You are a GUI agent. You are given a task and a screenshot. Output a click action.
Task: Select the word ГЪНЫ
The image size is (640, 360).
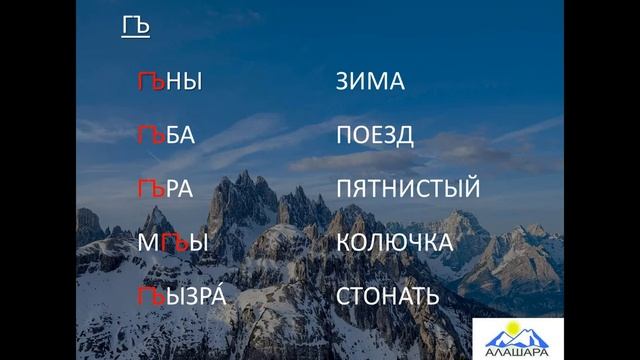pyautogui.click(x=169, y=82)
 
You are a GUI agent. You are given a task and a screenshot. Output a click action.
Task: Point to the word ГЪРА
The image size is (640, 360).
pyautogui.click(x=165, y=188)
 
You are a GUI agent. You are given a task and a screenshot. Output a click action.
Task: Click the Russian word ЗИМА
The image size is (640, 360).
pyautogui.click(x=370, y=82)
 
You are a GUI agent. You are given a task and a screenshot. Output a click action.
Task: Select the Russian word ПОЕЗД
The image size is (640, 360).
pyautogui.click(x=375, y=135)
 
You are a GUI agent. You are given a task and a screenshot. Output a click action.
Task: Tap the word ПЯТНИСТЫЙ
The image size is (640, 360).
pyautogui.click(x=408, y=188)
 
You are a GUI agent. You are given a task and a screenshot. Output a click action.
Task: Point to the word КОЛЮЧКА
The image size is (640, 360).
pyautogui.click(x=395, y=242)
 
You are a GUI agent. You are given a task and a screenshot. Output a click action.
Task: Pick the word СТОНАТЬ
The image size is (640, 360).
pyautogui.click(x=387, y=296)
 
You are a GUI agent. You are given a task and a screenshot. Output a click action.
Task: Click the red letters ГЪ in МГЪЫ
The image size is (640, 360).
pyautogui.click(x=172, y=242)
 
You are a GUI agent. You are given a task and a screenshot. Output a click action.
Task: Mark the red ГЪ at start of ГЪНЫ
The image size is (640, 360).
pyautogui.click(x=149, y=82)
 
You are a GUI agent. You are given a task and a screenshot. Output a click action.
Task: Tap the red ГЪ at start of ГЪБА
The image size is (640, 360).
pyautogui.click(x=149, y=135)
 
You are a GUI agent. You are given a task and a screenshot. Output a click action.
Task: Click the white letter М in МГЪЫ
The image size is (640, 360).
pyautogui.click(x=148, y=242)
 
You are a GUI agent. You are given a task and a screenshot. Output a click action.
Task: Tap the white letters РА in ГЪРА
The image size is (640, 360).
pyautogui.click(x=179, y=188)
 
